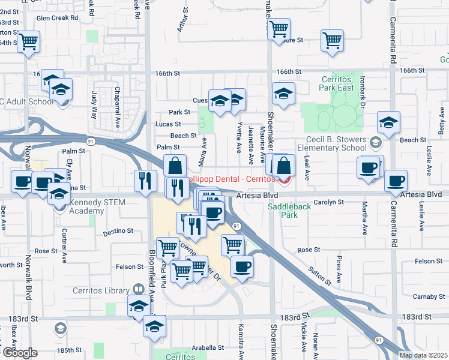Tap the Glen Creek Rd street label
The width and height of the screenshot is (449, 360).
(x=58, y=18)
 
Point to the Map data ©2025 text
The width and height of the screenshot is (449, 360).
(x=423, y=355)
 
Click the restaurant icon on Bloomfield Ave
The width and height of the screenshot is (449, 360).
(x=144, y=181)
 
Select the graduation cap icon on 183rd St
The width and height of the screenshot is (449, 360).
(x=139, y=305)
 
